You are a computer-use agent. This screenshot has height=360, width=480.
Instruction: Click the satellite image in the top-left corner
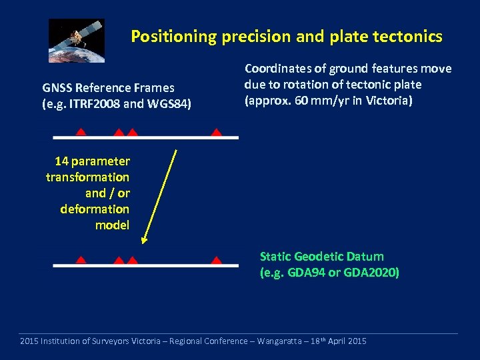[77, 40]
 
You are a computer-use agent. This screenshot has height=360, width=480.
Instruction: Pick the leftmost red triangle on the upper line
[80, 132]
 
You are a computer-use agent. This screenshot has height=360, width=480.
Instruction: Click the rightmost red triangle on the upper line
[216, 132]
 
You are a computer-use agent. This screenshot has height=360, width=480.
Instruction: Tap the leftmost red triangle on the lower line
[80, 260]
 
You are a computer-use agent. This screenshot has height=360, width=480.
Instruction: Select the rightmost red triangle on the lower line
[216, 260]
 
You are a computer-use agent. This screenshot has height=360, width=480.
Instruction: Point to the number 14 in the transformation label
[61, 161]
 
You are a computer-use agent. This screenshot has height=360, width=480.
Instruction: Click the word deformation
[95, 209]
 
